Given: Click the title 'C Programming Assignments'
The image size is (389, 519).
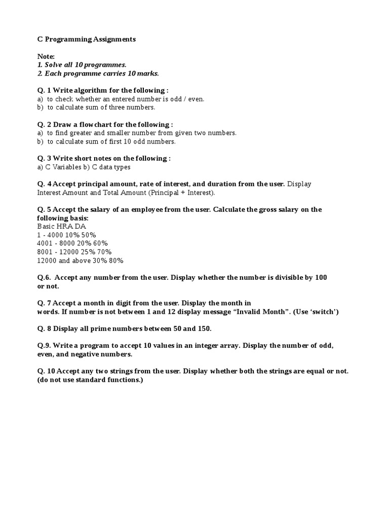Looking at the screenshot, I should coord(87,39).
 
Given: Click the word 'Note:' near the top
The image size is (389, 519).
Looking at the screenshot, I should coord(46,56).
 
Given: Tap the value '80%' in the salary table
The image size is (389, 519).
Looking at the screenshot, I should coord(115,261).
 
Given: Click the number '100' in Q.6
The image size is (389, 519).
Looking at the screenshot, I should coord(321,277).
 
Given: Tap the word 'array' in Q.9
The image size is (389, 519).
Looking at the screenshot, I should coord(229,346).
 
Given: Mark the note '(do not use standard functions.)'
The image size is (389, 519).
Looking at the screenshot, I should coord(90,380).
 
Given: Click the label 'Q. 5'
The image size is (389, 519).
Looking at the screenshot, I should coord(44,209).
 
